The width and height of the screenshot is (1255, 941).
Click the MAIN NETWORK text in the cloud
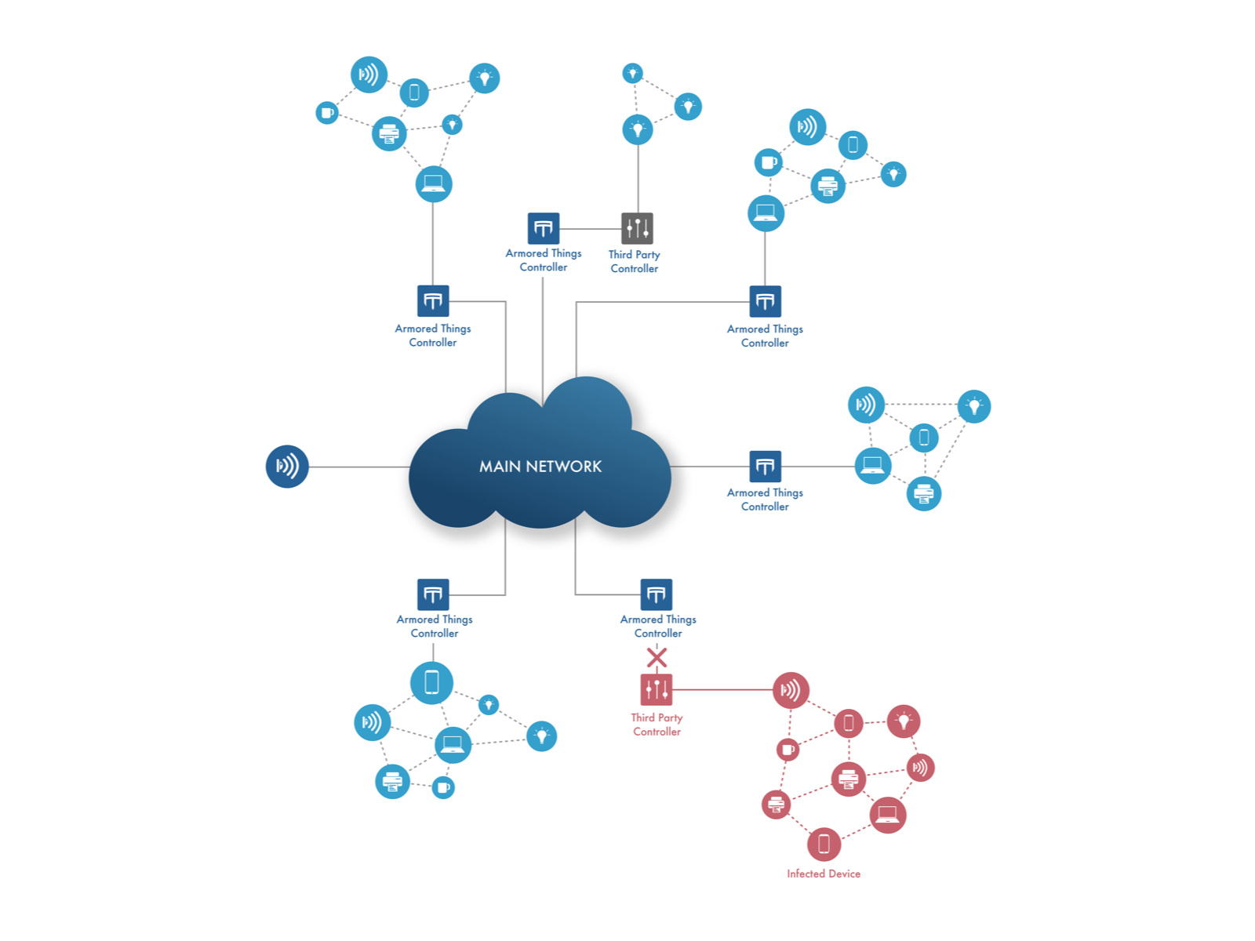tap(540, 467)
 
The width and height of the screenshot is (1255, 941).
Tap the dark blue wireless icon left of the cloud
tap(287, 467)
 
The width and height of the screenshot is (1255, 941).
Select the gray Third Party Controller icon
tap(637, 228)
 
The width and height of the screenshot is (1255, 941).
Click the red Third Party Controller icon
tap(657, 690)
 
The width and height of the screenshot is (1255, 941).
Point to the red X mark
tap(657, 657)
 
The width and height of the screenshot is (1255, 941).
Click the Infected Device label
tap(824, 874)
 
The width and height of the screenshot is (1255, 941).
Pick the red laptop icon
tap(888, 815)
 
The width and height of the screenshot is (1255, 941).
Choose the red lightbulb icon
tap(904, 721)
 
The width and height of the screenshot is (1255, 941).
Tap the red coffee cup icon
tap(788, 750)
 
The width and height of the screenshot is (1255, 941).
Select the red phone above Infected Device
tap(824, 844)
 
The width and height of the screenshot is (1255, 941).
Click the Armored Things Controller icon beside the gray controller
tap(544, 228)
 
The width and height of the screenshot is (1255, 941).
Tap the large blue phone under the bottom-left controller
tap(431, 682)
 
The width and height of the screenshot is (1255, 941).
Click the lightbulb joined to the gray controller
tap(638, 129)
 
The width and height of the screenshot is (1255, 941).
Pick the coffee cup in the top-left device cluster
tap(327, 113)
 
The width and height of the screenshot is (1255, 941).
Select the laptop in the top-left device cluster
tap(434, 184)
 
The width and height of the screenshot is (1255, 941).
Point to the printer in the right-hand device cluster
tap(924, 494)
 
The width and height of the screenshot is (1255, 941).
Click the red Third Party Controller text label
tap(657, 725)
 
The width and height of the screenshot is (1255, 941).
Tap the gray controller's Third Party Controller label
tap(635, 261)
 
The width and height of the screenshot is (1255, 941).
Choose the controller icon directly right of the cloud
tap(765, 467)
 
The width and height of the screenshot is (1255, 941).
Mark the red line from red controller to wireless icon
tap(722, 690)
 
